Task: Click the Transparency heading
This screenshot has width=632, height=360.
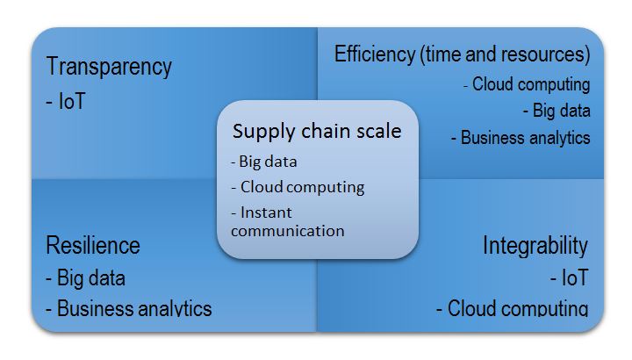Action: [109, 67]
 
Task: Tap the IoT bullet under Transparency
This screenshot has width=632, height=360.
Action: [67, 102]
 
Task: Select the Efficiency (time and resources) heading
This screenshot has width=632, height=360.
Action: [462, 54]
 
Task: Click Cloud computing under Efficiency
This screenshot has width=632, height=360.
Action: [527, 84]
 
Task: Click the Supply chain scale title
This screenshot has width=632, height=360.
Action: [317, 132]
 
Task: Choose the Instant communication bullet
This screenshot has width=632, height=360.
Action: [287, 222]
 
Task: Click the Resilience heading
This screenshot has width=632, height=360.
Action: [92, 244]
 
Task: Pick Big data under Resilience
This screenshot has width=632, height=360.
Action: [85, 278]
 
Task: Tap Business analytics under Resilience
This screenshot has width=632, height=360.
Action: [128, 308]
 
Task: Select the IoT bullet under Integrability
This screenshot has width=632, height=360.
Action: [569, 278]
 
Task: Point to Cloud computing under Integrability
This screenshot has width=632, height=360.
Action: [512, 308]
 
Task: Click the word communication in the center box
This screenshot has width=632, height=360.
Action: [287, 231]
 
